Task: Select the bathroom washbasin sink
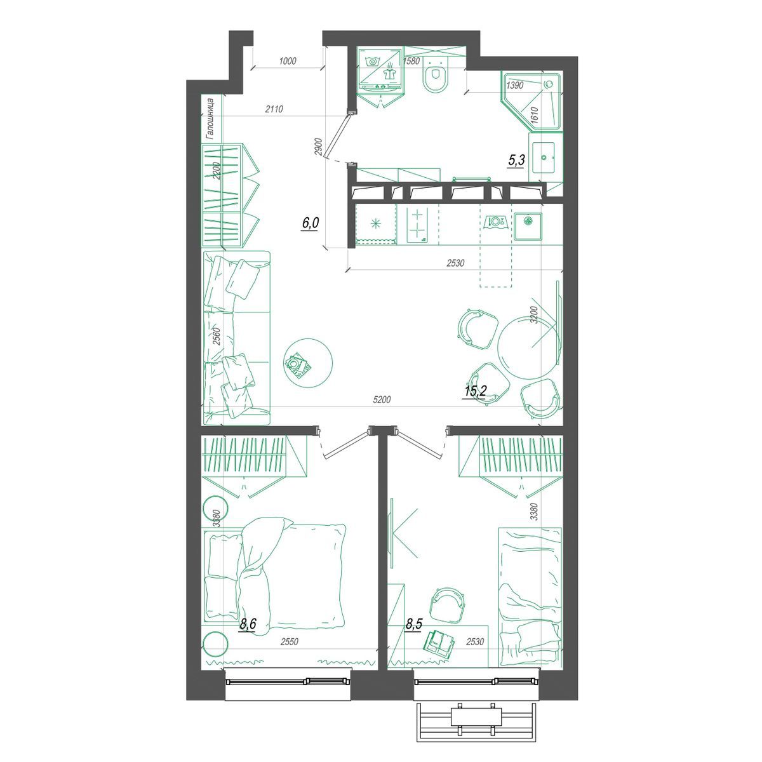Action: point(544,157)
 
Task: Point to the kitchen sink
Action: point(528,227)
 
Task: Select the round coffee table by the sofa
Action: point(309,363)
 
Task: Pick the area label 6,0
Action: point(311,224)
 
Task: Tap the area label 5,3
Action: point(516,160)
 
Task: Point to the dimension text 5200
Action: point(382,400)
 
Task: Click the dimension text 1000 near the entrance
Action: point(288,61)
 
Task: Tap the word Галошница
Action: point(210,119)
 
